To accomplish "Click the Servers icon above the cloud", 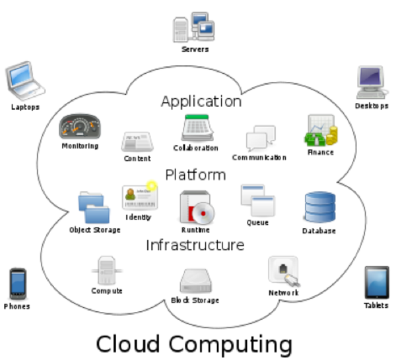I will click(x=195, y=27).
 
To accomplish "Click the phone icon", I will click(x=17, y=284).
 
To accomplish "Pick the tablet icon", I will click(x=376, y=282).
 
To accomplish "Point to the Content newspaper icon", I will click(x=137, y=141).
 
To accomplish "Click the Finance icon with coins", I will click(x=321, y=131).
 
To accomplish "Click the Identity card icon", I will click(x=139, y=197).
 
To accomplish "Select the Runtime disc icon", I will click(x=196, y=208).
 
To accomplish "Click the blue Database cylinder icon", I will click(x=319, y=208).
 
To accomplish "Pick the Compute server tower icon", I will click(x=107, y=270).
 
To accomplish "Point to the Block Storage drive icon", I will click(x=195, y=280).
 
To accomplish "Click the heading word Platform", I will click(x=195, y=175).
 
